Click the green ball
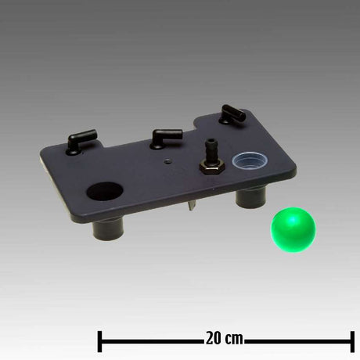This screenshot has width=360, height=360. pyautogui.click(x=293, y=230)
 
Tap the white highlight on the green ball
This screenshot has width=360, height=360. pyautogui.click(x=293, y=221)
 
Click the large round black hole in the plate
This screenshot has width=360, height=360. pyautogui.click(x=105, y=191)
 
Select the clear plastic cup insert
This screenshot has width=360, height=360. pyautogui.click(x=250, y=160)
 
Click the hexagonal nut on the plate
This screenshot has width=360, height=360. pyautogui.click(x=211, y=166)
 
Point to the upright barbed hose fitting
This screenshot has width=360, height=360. pyautogui.click(x=211, y=151)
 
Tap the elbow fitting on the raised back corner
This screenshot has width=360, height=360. pyautogui.click(x=232, y=114)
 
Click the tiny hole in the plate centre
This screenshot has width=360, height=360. pyautogui.click(x=167, y=161)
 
